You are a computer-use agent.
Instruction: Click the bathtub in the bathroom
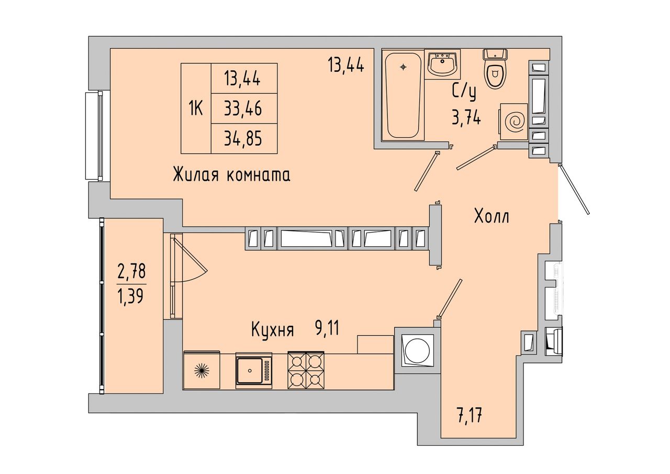(x=403, y=95)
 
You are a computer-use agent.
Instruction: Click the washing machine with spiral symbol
(x=513, y=122)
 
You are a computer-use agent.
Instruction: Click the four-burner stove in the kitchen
(x=306, y=370)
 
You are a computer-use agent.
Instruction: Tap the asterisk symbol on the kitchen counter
(x=202, y=371)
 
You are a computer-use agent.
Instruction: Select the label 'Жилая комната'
(x=232, y=175)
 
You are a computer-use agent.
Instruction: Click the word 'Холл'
(x=492, y=216)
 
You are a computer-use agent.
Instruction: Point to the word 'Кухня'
(x=273, y=330)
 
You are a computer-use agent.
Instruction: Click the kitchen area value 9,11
(x=327, y=329)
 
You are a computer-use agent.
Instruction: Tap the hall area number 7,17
(x=470, y=416)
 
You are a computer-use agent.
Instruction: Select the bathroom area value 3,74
(x=466, y=117)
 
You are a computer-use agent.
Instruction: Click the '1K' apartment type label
(x=196, y=108)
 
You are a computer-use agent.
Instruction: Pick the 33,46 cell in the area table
(x=243, y=108)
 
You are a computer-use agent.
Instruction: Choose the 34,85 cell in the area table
(x=243, y=138)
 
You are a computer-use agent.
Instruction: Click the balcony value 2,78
(x=131, y=271)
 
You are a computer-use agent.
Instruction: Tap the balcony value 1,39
(x=131, y=297)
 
